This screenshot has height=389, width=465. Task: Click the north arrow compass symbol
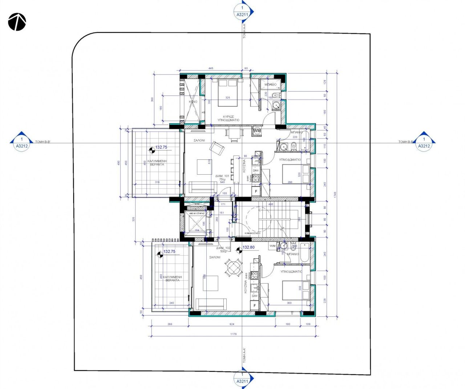click(x=17, y=22)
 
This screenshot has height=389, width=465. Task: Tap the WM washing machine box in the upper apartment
click(x=257, y=130)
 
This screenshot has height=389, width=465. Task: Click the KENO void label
click(x=193, y=102)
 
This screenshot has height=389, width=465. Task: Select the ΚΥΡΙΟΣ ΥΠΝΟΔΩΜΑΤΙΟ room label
click(x=228, y=117)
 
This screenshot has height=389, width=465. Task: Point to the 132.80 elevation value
click(x=248, y=247)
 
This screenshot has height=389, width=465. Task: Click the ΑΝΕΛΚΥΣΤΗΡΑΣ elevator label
click(x=195, y=214)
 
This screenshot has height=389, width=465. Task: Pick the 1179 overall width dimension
click(x=233, y=334)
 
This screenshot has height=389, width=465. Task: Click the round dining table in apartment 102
click(x=232, y=268)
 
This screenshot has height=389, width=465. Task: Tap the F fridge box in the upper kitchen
click(x=256, y=191)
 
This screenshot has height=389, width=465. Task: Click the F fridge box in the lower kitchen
click(x=255, y=306)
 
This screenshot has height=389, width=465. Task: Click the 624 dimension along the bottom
click(x=232, y=324)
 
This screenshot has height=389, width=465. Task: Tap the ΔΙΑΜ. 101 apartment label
click(x=222, y=176)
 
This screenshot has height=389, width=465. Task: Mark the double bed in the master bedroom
click(x=228, y=93)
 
